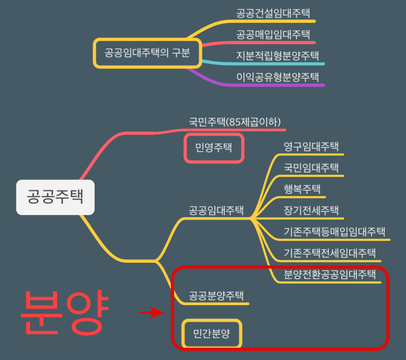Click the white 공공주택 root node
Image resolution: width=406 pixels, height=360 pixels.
55,197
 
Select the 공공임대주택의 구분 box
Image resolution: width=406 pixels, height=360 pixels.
147,53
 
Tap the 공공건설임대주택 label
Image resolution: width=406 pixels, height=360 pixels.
273,13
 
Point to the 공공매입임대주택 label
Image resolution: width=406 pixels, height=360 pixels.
273,34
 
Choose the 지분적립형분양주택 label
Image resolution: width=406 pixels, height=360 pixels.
278,55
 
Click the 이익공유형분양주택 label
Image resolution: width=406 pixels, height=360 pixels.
278,77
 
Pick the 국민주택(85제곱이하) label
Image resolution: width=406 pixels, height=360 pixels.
235,122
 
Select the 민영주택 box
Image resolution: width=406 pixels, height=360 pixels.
213,148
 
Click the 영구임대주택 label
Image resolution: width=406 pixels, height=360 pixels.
311,146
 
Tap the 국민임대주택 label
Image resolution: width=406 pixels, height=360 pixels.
311,167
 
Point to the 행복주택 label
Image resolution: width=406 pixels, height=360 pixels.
302,189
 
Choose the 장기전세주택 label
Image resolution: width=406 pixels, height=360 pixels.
311,210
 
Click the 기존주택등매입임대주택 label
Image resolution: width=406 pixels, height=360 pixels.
335,232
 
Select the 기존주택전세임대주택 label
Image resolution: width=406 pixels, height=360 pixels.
330,253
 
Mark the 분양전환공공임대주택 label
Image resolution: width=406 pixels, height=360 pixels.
330,273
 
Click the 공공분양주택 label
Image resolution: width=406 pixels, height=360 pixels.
216,296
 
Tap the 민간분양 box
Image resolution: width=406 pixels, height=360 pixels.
212,333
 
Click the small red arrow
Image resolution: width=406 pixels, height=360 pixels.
152,314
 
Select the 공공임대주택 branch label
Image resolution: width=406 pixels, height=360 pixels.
216,210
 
